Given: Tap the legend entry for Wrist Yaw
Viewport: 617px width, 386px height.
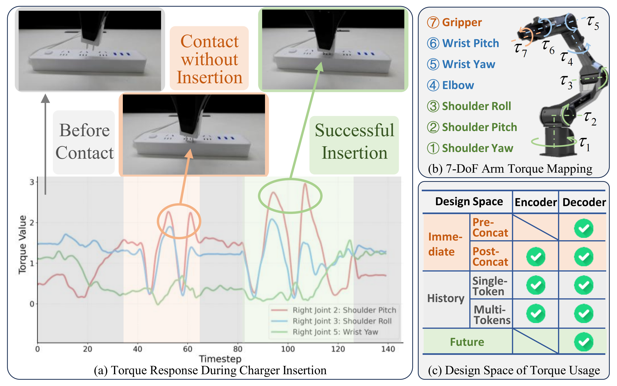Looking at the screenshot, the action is coord(325,332).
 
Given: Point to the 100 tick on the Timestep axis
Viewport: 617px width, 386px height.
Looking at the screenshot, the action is coord(288,349).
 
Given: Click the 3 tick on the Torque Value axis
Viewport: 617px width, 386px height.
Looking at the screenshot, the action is coord(32,182).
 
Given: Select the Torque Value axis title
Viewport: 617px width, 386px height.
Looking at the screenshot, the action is coord(23,245).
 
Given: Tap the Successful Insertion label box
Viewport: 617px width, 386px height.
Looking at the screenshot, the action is coord(354,145).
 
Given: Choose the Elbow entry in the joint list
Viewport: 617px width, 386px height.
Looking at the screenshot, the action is coord(450,85).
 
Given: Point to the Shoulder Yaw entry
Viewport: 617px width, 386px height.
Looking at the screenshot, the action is coord(470,148).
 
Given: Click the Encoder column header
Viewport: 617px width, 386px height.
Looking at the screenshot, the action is coord(536,202).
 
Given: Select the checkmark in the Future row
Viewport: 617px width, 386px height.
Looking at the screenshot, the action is coord(584,342).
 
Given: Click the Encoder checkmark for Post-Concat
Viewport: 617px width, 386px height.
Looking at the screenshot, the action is coord(536,256).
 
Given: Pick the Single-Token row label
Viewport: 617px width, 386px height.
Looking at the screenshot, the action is coord(490,286).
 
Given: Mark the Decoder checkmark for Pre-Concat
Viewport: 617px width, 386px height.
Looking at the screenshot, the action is coord(584,228).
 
